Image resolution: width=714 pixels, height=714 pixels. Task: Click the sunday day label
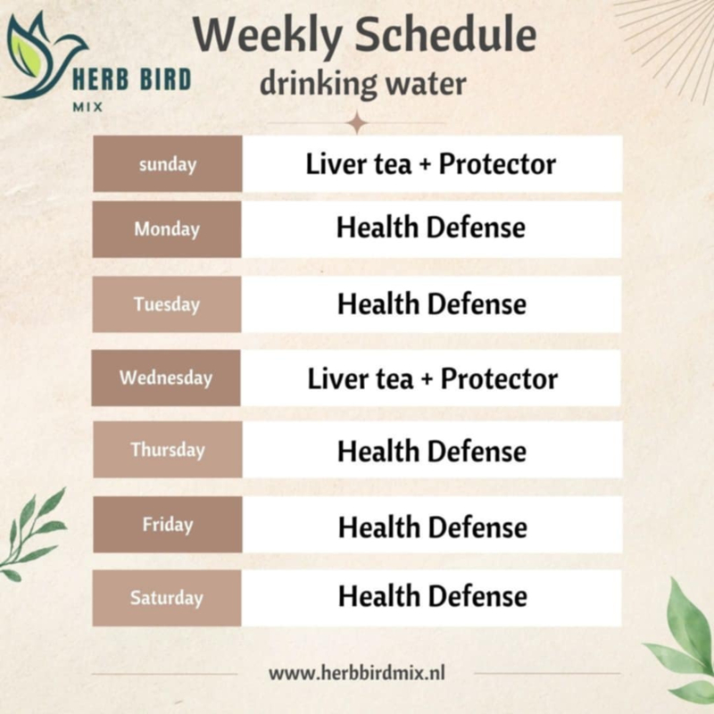point(168,165)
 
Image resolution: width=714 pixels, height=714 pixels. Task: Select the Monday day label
point(167,229)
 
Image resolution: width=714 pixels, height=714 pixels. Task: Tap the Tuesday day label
point(167,304)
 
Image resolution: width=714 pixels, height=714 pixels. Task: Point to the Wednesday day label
point(166,378)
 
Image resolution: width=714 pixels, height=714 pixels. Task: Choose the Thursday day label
point(168,450)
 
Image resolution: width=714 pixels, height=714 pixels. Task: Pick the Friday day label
point(168,525)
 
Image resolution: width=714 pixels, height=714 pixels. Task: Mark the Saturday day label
point(167,598)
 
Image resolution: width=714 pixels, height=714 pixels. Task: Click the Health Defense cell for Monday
point(431,228)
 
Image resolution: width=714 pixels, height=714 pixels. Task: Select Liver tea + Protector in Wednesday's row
point(433,378)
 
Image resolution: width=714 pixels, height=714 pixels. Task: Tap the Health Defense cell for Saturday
point(433,596)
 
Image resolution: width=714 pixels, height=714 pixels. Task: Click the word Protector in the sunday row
point(497,164)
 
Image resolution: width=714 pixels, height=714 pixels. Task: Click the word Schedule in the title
point(445,35)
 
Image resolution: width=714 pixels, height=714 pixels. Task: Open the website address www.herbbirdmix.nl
point(357,673)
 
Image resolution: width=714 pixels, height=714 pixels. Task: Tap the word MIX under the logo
point(87,107)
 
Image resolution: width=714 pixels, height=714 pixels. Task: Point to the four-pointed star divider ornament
point(358,123)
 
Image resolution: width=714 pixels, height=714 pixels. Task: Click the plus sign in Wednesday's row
point(428,380)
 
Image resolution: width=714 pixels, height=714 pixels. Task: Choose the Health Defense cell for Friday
point(433,527)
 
